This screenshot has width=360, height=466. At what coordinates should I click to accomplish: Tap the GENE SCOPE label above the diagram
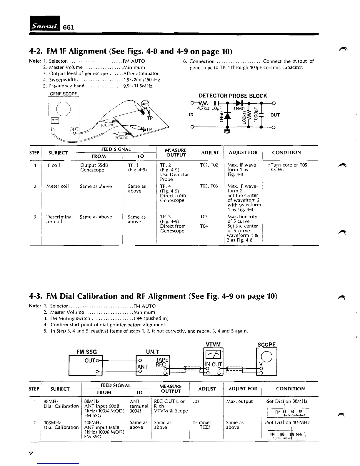coord(63,94)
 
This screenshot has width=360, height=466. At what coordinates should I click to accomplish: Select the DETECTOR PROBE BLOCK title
coord(233,96)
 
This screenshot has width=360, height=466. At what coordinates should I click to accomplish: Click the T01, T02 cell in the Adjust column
coord(209,165)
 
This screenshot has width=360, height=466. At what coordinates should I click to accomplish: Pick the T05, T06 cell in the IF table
coord(209,186)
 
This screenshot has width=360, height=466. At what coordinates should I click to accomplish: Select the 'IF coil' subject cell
coord(53,165)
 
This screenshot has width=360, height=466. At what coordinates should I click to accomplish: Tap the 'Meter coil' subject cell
coord(57,186)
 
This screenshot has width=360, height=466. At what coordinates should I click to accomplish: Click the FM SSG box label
coord(86,352)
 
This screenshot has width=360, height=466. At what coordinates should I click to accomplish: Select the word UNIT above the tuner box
coord(153,352)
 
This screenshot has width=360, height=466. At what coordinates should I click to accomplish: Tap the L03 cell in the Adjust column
coord(196,401)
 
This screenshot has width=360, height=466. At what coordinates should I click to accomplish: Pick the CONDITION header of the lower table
coord(290,389)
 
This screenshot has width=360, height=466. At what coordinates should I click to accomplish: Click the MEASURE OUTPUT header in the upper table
coord(176,152)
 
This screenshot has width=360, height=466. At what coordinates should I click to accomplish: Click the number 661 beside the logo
coord(68,27)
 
